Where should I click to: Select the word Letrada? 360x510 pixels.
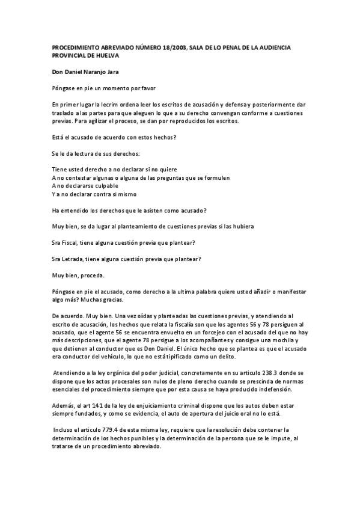(75, 259)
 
